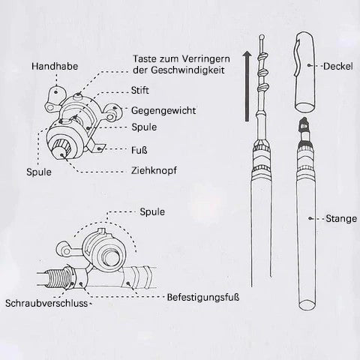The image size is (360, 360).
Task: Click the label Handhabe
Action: tap(55, 66)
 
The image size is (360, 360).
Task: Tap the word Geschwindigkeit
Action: tap(187, 70)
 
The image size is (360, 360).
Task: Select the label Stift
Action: tap(140, 90)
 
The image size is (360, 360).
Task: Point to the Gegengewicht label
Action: tap(163, 110)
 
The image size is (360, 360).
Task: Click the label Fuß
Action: tap(139, 150)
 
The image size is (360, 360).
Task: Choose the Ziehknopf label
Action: tap(154, 170)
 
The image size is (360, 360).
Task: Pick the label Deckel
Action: tap(338, 66)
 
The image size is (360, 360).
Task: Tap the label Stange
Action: tap(341, 219)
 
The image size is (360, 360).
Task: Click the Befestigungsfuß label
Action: tap(203, 297)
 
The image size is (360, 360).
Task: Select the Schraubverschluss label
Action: tap(46, 303)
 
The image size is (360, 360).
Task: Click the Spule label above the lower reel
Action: tap(152, 212)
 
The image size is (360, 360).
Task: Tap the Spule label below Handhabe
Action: tap(39, 172)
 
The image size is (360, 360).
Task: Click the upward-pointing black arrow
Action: tap(247, 86)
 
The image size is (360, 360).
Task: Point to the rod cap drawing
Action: tap(304, 72)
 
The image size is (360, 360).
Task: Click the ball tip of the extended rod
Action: tap(262, 37)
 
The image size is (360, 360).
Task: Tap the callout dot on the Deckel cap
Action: tap(310, 65)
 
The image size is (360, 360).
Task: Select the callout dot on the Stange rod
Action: tap(310, 218)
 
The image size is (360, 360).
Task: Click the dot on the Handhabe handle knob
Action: tap(55, 92)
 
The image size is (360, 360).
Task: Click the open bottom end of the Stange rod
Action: tap(307, 304)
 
